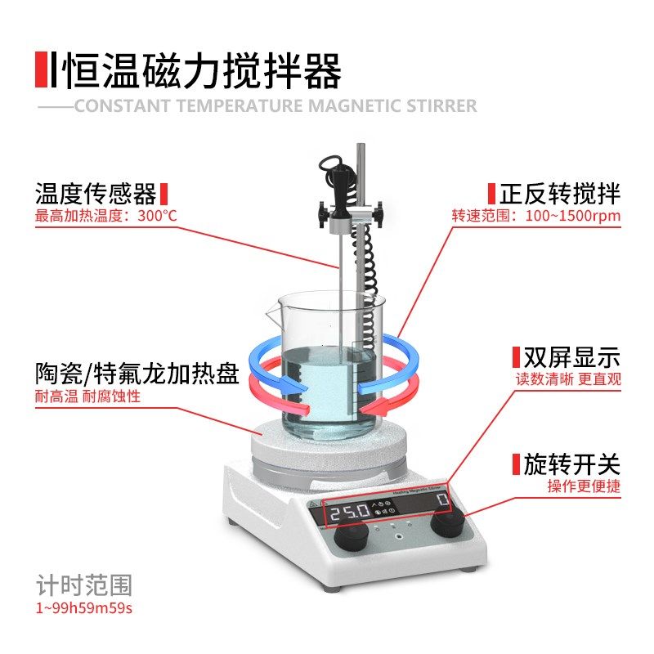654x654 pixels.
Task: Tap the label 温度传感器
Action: tap(96, 195)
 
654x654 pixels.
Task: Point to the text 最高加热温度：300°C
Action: tap(105, 217)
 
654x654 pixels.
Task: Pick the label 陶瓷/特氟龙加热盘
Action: tap(137, 374)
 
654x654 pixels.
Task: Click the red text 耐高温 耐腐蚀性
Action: tap(87, 396)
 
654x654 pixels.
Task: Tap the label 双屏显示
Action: tap(571, 357)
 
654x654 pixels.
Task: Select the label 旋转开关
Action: tap(571, 465)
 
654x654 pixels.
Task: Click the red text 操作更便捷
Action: tap(584, 486)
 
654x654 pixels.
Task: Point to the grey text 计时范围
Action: tap(83, 585)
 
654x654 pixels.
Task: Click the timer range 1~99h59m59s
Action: tap(83, 608)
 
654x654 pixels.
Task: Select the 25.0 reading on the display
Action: tap(350, 514)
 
